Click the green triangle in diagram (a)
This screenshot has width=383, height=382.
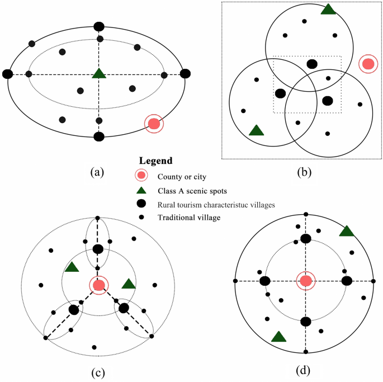99,73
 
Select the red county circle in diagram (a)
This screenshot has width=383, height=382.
154,124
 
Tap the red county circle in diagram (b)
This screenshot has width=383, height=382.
368,64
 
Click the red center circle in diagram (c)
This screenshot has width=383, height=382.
99,285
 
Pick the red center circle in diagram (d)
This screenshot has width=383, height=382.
306,280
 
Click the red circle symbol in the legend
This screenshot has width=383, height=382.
141,176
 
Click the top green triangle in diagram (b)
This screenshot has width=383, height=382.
328,9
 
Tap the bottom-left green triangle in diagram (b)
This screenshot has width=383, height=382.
256,130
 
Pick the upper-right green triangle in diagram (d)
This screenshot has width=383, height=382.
347,231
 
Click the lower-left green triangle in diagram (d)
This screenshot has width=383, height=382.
278,336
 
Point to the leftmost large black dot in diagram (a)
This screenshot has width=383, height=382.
8,74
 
